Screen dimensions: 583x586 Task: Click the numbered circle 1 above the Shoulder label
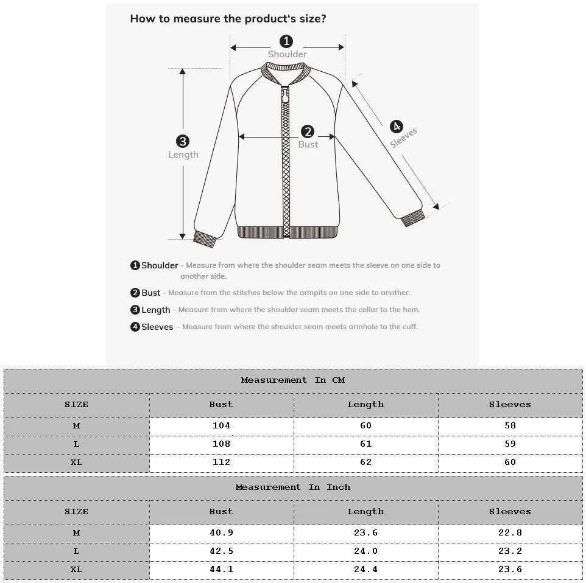click(286, 41)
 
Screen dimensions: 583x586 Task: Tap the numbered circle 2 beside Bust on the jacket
click(308, 131)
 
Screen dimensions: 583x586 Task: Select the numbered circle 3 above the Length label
click(183, 141)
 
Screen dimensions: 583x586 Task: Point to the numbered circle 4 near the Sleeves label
click(397, 127)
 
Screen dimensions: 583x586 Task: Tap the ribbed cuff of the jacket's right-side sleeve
click(412, 217)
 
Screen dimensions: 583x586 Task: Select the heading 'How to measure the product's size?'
click(228, 18)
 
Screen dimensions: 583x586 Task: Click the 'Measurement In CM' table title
click(293, 380)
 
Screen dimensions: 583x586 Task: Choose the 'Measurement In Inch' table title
click(293, 487)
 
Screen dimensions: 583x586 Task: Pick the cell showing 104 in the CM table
click(221, 426)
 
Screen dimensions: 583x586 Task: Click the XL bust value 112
click(221, 463)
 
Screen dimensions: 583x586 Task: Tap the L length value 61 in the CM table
click(365, 444)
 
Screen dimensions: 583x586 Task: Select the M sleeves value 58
click(510, 426)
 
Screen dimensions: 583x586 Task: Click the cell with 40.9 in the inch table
click(221, 533)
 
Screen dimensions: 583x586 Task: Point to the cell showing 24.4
click(365, 570)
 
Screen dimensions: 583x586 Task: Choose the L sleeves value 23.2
click(510, 551)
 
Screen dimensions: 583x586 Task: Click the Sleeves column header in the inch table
click(510, 512)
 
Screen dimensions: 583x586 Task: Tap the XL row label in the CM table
click(76, 463)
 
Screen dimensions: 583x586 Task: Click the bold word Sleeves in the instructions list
click(157, 327)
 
